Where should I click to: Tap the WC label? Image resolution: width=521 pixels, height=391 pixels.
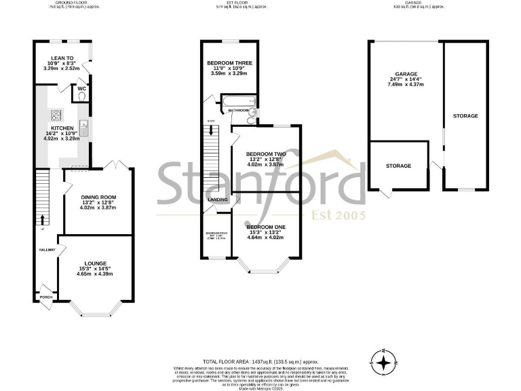coord(81,89)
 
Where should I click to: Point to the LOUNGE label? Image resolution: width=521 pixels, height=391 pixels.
coord(95,263)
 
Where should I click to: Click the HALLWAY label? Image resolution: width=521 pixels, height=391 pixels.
coord(46,250)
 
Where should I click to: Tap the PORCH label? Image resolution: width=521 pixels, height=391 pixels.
coord(46,297)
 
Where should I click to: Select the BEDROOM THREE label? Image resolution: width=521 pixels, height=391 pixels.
coord(229,62)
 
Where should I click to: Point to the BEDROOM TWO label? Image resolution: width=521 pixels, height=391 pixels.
coord(265,154)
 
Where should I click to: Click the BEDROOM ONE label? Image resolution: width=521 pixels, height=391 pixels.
coord(265,227)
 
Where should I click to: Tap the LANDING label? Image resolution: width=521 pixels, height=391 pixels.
coord(218,200)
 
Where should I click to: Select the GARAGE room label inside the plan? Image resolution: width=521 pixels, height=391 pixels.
coord(406,73)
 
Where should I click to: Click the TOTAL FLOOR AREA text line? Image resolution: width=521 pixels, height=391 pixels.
coord(260,362)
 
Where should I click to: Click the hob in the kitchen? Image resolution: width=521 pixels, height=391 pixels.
coord(54,115)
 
